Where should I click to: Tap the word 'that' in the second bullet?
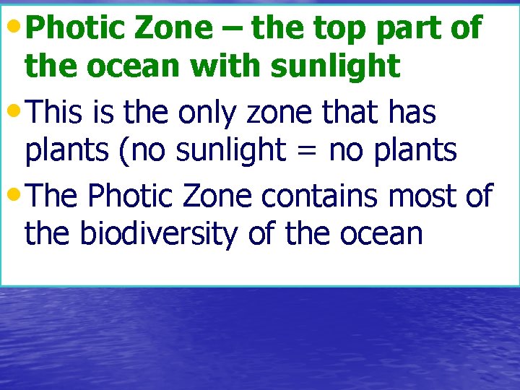point(347,112)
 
